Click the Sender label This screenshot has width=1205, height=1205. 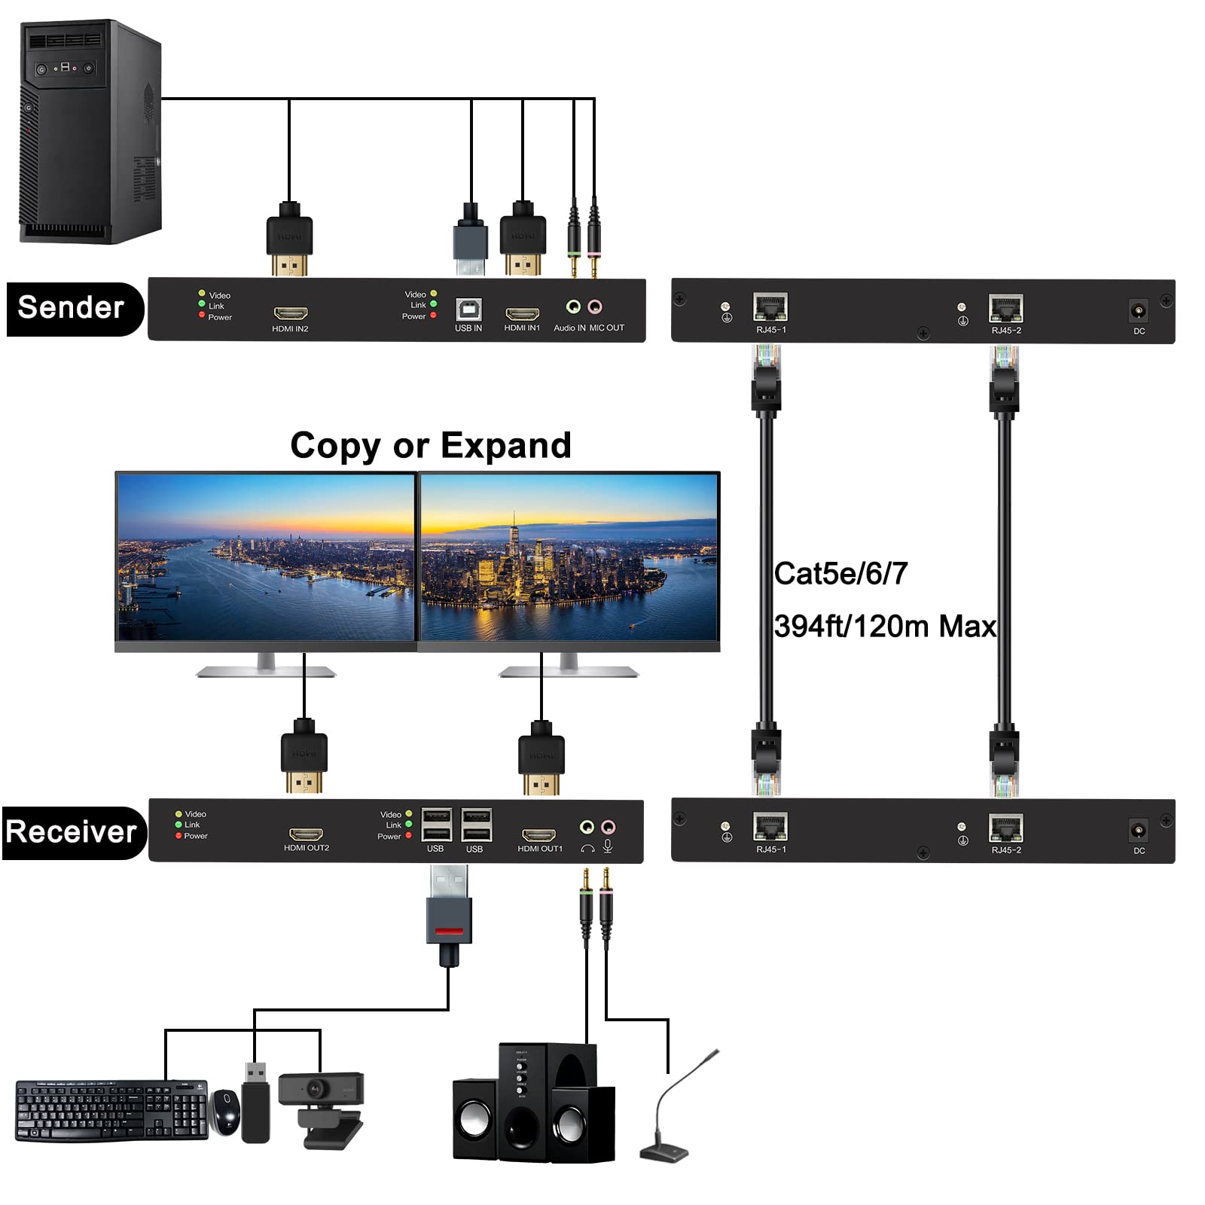(72, 308)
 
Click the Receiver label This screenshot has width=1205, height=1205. (72, 832)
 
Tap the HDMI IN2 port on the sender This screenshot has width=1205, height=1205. (290, 313)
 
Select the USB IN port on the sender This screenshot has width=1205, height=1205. (468, 310)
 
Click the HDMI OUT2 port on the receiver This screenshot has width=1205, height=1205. (306, 834)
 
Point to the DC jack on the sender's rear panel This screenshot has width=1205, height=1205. (1138, 310)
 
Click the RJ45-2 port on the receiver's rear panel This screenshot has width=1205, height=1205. (1005, 828)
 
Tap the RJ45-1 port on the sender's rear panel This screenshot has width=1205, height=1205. (770, 307)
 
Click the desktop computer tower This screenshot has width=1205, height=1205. (90, 132)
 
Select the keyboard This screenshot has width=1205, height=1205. (111, 1109)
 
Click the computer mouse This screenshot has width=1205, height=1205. (225, 1112)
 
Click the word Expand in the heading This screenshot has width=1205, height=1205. (505, 445)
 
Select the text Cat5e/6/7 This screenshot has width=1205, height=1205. (840, 574)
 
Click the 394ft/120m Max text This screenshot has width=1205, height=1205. (884, 627)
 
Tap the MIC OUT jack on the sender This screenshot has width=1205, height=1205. (594, 307)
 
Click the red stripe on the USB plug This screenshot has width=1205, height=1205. (449, 931)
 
